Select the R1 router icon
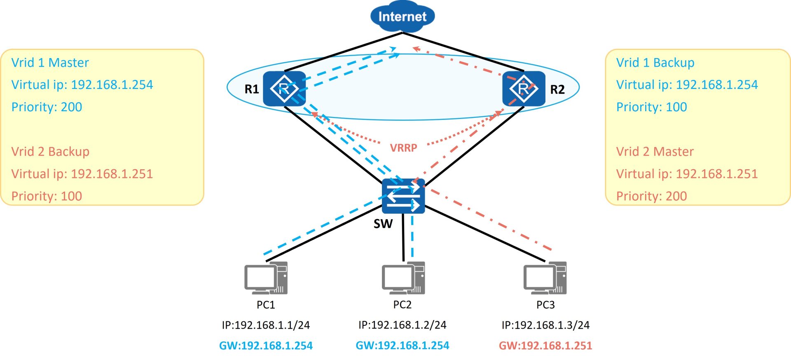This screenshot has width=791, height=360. [x=284, y=89]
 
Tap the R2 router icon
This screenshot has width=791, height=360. [x=524, y=89]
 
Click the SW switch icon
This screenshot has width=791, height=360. [x=403, y=196]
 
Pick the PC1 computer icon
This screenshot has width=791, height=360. [x=266, y=278]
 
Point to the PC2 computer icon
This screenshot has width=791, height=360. [x=403, y=278]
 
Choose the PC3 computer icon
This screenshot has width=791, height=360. [x=545, y=278]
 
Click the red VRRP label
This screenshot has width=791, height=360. [x=404, y=148]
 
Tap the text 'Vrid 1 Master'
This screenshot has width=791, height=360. [x=50, y=63]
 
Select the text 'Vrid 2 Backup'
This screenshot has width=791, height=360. [x=50, y=152]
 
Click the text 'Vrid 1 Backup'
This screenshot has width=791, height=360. [x=655, y=63]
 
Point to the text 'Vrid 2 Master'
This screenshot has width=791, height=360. [x=655, y=152]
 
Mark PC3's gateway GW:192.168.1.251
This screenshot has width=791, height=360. [x=545, y=346]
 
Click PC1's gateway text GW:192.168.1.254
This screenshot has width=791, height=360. [x=266, y=346]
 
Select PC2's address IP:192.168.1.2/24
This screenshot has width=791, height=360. [x=403, y=325]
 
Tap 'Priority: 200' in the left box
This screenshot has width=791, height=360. [x=47, y=107]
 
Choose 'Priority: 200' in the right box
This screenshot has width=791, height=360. [x=652, y=196]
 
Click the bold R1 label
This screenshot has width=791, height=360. [x=252, y=89]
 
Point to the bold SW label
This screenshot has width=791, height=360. [x=383, y=224]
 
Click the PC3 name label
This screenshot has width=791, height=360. [x=545, y=305]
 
